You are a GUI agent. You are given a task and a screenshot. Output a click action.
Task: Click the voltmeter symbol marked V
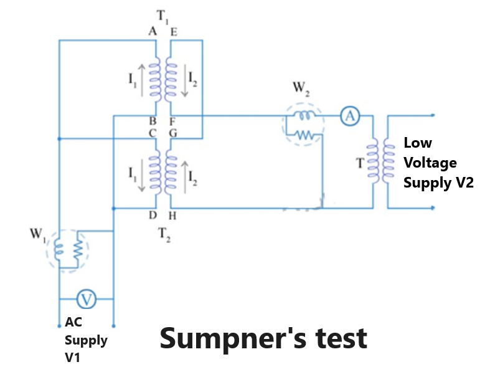coord(86,300)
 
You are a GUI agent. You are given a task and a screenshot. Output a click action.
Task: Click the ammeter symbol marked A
coord(351,115)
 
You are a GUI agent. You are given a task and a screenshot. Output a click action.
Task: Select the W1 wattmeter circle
coord(68,249)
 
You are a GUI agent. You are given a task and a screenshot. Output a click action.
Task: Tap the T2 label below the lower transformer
coord(162,236)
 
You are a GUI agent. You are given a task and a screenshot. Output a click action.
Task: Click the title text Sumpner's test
coord(263,338)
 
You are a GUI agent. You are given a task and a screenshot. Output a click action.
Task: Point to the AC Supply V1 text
coord(86,341)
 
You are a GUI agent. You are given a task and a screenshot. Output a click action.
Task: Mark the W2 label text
coord(300,89)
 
